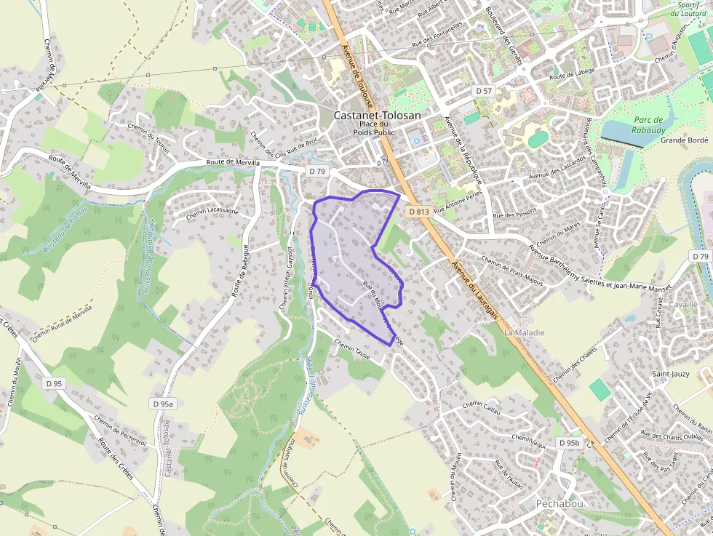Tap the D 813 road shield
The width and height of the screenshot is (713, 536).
[418, 211]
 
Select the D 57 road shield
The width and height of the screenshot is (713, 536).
[483, 91]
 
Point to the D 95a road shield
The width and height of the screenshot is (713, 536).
[164, 404]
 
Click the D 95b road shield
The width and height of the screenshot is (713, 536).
[570, 443]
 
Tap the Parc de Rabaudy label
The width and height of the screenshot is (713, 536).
[648, 125]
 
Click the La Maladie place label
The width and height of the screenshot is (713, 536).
[524, 332]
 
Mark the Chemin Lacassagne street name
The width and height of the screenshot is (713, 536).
[212, 213]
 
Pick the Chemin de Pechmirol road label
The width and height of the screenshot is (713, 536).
[120, 429]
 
